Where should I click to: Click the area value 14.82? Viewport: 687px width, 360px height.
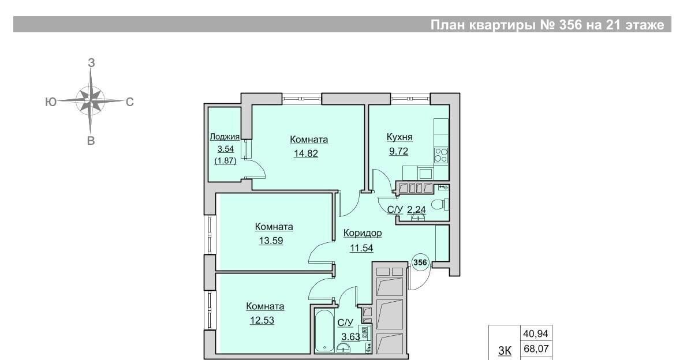coord(306,153)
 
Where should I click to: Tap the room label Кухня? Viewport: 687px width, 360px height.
coord(399,137)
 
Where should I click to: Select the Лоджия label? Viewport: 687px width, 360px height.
coord(225,137)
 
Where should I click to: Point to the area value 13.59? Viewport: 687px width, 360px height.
coord(271,241)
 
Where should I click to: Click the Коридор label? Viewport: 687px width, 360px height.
coord(363,233)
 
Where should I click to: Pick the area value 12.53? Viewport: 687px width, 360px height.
coord(262,320)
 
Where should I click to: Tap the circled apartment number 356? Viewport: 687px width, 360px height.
coord(420,262)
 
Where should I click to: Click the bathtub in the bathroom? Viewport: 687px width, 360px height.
coord(325,331)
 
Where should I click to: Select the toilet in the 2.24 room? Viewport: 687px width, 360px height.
coord(439,205)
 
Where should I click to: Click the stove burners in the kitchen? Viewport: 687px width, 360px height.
coord(440,155)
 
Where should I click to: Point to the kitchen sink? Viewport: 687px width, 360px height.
coord(425,174)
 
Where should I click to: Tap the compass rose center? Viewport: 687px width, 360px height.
coord(90,101)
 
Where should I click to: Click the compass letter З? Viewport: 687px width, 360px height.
coord(91,63)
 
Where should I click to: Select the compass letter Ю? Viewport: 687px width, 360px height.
coord(51,102)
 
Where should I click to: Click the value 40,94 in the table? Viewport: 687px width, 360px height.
coord(536,333)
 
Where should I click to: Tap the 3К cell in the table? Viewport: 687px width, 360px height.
coord(505,350)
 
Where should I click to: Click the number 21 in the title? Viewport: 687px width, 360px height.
coord(611,25)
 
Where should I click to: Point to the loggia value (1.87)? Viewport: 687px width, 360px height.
coord(225,161)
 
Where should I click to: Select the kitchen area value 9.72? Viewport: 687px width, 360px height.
coord(398,151)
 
